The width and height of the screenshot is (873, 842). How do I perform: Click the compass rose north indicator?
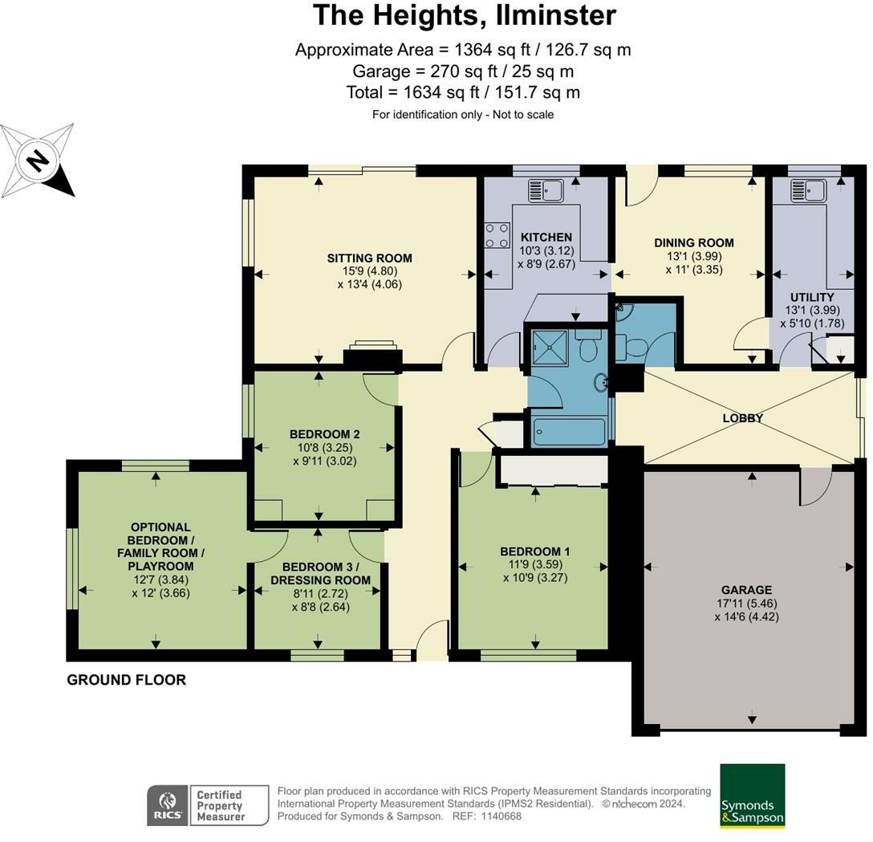pyautogui.click(x=38, y=161)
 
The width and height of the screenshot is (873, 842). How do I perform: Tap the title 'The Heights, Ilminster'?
pyautogui.click(x=464, y=15)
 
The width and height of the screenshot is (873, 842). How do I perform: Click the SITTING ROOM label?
pyautogui.click(x=369, y=258)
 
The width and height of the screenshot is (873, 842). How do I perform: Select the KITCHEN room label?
pyautogui.click(x=546, y=238)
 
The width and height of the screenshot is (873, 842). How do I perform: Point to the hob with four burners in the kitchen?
pyautogui.click(x=497, y=234)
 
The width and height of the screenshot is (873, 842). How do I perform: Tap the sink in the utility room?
pyautogui.click(x=808, y=191)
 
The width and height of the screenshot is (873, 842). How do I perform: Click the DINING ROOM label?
pyautogui.click(x=693, y=243)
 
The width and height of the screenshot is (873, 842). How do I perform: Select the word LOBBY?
pyautogui.click(x=742, y=418)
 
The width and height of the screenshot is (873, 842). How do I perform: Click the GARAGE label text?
pyautogui.click(x=745, y=590)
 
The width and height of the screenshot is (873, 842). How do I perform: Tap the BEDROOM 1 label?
pyautogui.click(x=534, y=551)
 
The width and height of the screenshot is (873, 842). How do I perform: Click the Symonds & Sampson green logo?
pyautogui.click(x=752, y=795)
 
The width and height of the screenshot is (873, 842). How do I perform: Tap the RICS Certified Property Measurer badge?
pyautogui.click(x=208, y=805)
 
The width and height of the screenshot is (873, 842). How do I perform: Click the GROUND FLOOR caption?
pyautogui.click(x=126, y=680)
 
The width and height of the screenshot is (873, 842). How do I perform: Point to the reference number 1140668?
pyautogui.click(x=501, y=816)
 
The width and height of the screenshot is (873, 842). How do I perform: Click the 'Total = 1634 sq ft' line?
pyautogui.click(x=463, y=92)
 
